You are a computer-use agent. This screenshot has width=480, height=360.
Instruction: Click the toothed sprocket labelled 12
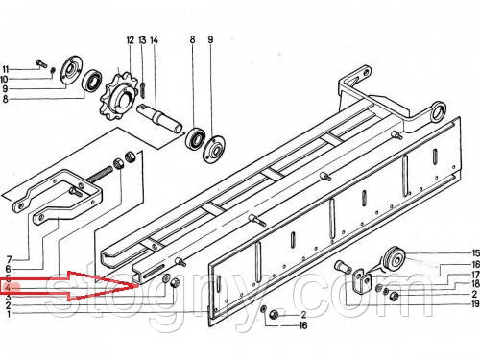(x=116, y=96)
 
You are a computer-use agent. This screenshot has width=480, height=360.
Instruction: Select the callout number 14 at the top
(x=154, y=40)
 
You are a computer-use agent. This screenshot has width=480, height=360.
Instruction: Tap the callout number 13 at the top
(x=142, y=40)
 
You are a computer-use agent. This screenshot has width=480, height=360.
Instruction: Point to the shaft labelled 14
(x=159, y=119)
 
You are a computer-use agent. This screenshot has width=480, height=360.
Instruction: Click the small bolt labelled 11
(x=42, y=63)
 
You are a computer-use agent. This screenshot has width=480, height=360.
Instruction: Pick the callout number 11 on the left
(x=6, y=69)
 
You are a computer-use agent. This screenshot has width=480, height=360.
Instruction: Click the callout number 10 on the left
(x=5, y=79)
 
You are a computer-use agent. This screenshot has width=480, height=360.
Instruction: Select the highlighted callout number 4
(x=9, y=288)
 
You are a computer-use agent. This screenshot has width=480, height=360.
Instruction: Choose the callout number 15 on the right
(x=475, y=252)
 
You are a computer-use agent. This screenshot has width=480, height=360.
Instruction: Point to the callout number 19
(x=475, y=303)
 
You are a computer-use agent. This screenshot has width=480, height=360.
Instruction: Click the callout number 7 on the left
(x=9, y=259)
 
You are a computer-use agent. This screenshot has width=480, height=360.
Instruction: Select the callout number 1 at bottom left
(x=9, y=314)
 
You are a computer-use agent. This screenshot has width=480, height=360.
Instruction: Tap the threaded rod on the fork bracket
(x=100, y=176)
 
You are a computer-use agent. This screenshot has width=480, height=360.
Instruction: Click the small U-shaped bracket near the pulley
(x=362, y=280)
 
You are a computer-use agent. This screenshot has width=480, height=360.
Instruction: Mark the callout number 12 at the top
(x=130, y=40)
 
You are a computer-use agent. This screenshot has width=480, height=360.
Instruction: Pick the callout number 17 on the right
(x=475, y=275)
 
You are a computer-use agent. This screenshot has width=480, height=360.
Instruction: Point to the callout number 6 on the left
(x=8, y=269)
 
